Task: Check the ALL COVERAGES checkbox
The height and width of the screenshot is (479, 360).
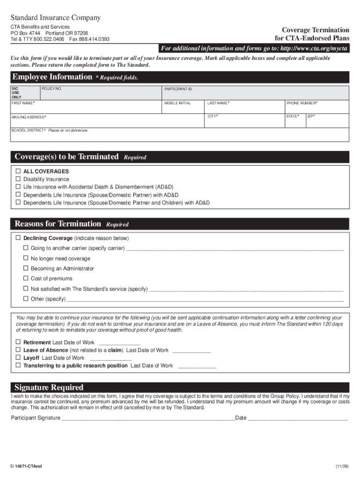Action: [18, 172]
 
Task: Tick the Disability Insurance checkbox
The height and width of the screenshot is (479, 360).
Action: [18, 179]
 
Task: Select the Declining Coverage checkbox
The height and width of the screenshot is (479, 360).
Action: [18, 238]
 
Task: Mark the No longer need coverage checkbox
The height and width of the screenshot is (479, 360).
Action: [26, 258]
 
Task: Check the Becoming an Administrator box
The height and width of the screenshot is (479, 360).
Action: [26, 269]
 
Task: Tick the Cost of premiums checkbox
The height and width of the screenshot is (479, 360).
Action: [26, 279]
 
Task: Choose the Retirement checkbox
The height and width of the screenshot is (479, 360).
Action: [18, 342]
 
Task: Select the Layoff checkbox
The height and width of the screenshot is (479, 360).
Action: [18, 358]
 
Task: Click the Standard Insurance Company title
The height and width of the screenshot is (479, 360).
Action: [56, 18]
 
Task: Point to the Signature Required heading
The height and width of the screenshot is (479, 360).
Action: [49, 387]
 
